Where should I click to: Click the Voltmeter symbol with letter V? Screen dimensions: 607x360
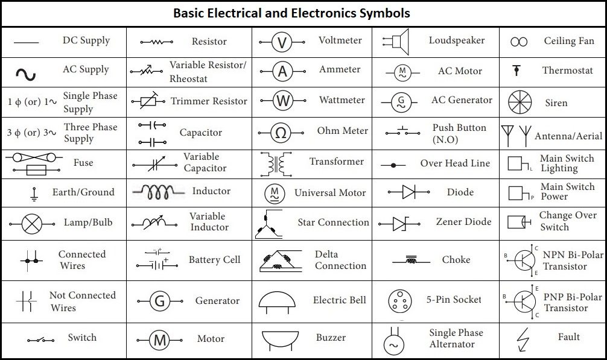coord(282,42)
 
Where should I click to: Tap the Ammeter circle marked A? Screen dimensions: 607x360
coord(282,71)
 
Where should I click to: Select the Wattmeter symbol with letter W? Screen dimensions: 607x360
coord(282,101)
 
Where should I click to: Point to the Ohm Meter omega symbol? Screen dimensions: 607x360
coord(281,133)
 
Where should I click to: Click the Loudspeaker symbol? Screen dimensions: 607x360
coord(396,42)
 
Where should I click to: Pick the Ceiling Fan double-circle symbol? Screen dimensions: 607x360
coord(519,42)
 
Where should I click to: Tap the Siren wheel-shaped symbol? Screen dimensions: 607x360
coord(520,102)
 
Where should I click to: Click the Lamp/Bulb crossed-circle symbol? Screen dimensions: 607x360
coord(32,224)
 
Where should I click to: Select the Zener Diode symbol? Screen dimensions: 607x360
coord(399,224)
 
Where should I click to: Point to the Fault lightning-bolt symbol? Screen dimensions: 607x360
coord(523,340)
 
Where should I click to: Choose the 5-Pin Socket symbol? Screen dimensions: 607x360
coord(399,301)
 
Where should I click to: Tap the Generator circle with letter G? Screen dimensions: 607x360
coord(159,301)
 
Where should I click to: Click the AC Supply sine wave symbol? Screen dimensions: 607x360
coord(25,74)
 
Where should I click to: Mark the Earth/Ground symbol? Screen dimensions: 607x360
coord(34,195)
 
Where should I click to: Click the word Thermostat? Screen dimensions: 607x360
coord(568,71)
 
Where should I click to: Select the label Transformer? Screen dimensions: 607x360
coord(337,161)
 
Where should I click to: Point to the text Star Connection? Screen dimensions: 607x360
coord(333,223)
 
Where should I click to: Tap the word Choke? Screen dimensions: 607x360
coord(456,259)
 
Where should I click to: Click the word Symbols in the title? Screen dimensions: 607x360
coord(384,13)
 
